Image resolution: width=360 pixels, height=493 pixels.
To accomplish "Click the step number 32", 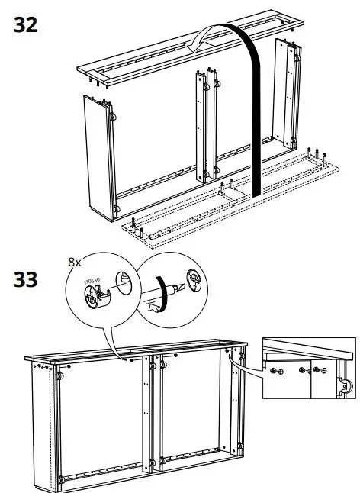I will (25, 24).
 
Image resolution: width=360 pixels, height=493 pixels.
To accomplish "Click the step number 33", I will (25, 279).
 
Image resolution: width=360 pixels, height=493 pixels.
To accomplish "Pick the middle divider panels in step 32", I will (207, 126).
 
